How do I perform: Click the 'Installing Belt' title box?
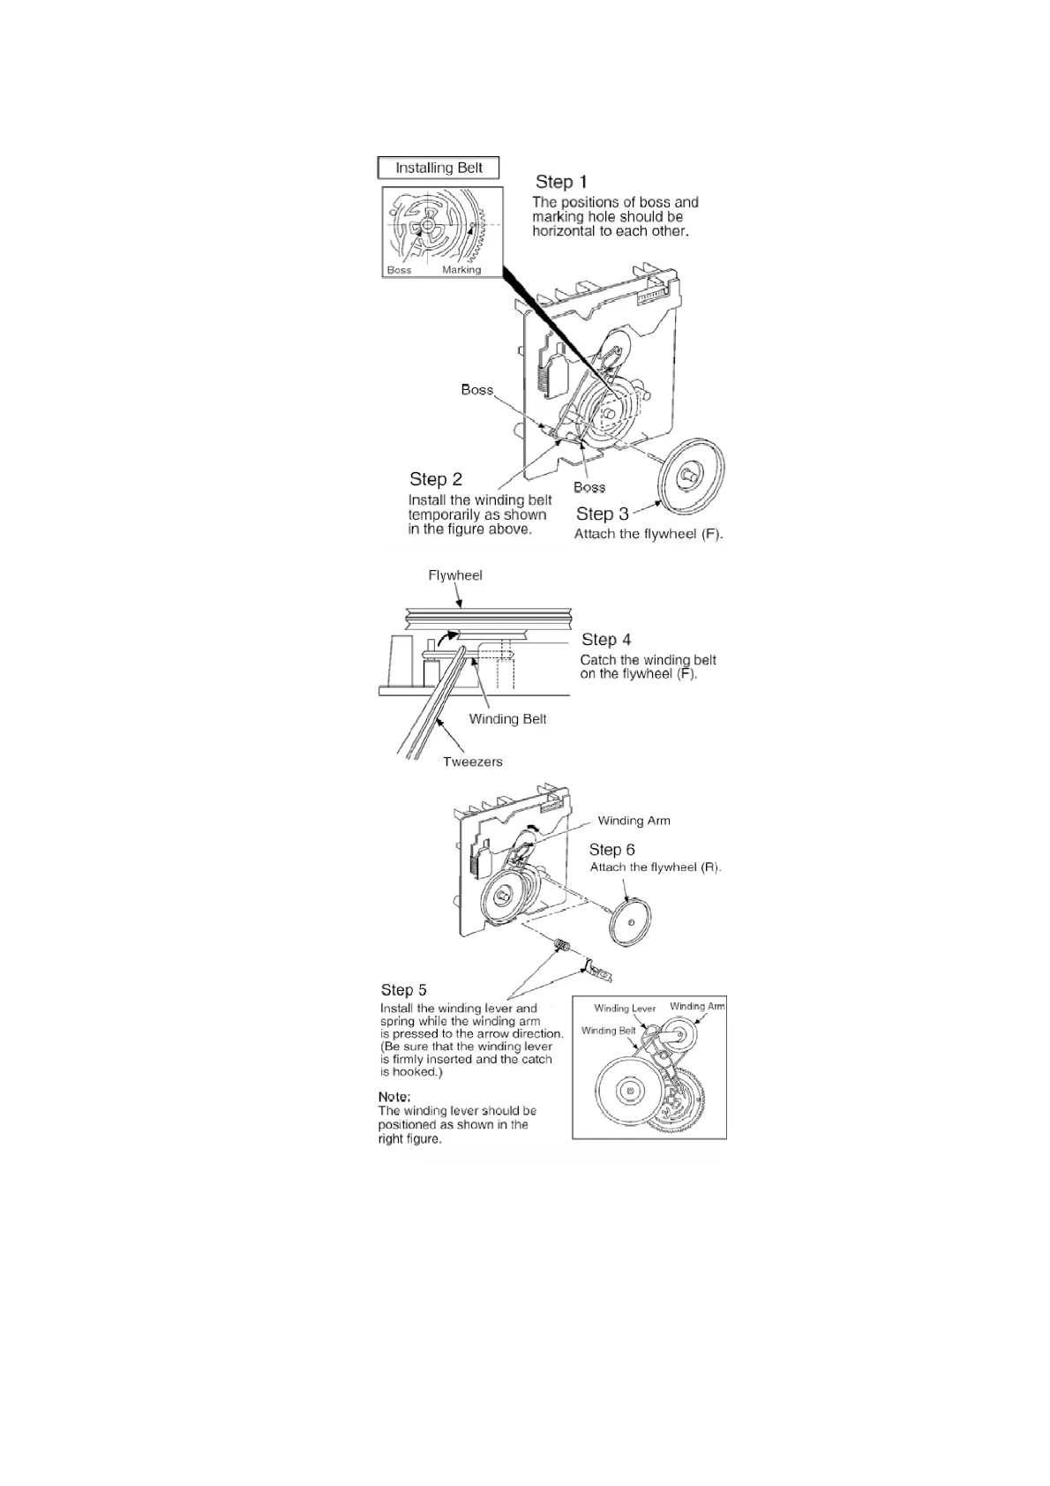click(439, 168)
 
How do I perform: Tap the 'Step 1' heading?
click(561, 182)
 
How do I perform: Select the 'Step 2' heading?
click(436, 479)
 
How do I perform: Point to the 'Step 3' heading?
click(603, 514)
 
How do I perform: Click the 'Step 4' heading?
click(606, 640)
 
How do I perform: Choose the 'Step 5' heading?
click(404, 990)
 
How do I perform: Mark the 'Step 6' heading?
click(612, 850)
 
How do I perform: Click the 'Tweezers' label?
click(473, 762)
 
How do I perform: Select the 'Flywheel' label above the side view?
click(455, 575)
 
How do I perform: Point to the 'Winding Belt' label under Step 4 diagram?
click(507, 719)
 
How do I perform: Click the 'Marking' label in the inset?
click(461, 270)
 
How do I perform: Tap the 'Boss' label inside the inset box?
click(399, 270)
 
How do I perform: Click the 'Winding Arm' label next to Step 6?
click(634, 821)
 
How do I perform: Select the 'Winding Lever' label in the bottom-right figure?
click(625, 1009)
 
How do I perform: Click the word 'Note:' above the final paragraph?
click(394, 1097)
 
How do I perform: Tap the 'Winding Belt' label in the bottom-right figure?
click(609, 1031)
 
